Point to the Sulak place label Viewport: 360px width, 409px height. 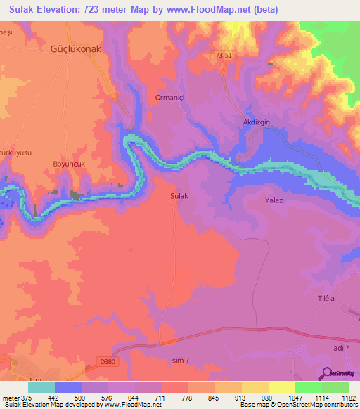click(x=179, y=197)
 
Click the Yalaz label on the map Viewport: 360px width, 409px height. click(x=274, y=200)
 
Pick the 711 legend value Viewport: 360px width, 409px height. click(x=162, y=397)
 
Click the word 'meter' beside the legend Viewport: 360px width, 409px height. click(x=12, y=397)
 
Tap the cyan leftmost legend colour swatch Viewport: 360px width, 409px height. click(x=41, y=387)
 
